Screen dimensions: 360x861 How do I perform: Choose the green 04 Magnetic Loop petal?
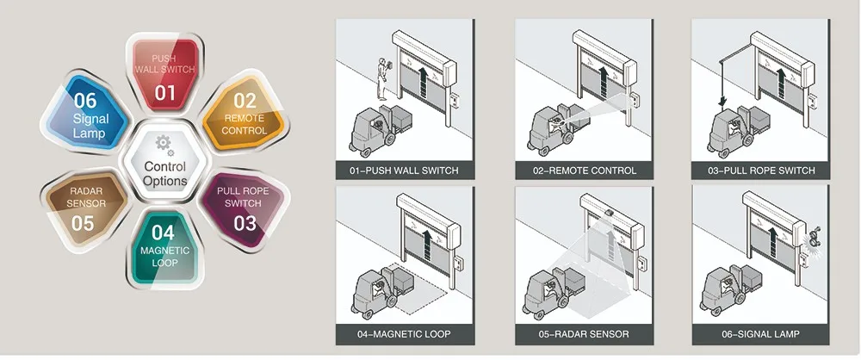pos(164,245)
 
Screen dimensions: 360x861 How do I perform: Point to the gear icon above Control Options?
pos(162,143)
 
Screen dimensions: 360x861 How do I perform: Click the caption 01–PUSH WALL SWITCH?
pos(404,170)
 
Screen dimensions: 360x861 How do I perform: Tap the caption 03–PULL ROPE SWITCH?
pos(761,170)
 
